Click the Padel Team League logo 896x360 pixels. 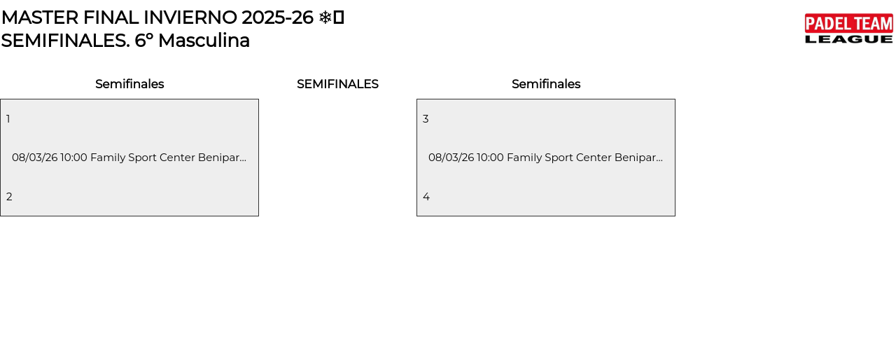point(849,29)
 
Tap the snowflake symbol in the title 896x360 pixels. point(325,18)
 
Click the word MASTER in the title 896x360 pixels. point(40,18)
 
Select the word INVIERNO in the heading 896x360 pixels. point(190,18)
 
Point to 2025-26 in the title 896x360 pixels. point(277,18)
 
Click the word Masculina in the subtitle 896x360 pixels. point(204,41)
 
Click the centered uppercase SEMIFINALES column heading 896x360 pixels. point(337,84)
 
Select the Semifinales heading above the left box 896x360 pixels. point(129,84)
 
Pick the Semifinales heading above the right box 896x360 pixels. point(546,84)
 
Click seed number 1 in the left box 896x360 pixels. point(8,119)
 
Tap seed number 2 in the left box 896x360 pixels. point(9,196)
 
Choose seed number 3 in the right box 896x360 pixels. point(426,119)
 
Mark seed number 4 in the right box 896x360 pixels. point(426,196)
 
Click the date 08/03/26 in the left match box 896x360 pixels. point(35,158)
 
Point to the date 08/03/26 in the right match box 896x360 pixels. point(451,158)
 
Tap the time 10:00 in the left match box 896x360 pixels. point(73,158)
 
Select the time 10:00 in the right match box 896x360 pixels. point(490,158)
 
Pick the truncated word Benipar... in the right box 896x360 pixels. point(638,158)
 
